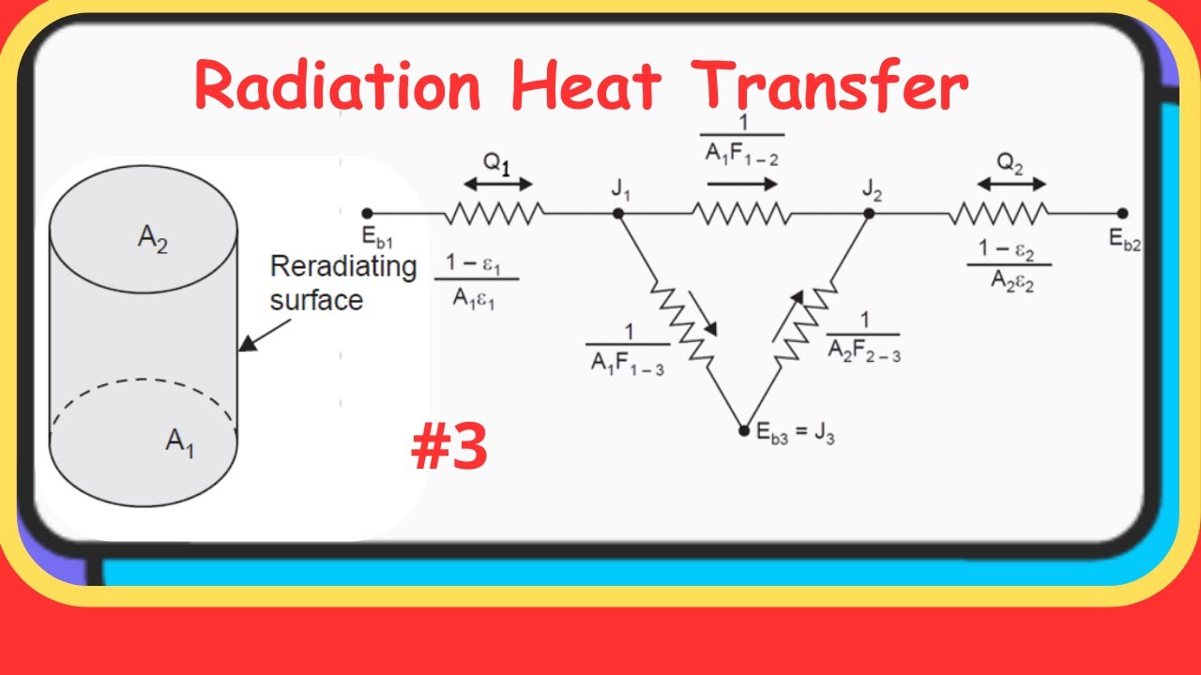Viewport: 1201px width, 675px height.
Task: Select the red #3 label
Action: (449, 447)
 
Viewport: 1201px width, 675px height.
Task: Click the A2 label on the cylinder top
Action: (154, 238)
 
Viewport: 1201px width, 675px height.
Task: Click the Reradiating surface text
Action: (342, 282)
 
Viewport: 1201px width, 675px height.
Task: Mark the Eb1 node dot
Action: (367, 214)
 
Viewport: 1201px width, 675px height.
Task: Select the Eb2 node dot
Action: (1122, 214)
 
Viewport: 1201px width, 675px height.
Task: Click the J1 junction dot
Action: (617, 214)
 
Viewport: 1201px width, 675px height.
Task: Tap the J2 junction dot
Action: (869, 214)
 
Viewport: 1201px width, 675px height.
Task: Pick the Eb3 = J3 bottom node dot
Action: (744, 431)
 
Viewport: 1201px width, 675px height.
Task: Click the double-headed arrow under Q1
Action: (497, 185)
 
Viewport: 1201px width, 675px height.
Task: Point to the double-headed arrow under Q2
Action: (1011, 185)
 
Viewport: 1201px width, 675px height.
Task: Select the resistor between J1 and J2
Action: (741, 214)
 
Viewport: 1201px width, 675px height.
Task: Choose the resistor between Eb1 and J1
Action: (494, 214)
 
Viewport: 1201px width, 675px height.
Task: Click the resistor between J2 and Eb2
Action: (997, 214)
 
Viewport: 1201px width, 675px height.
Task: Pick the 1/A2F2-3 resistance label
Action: (863, 338)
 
